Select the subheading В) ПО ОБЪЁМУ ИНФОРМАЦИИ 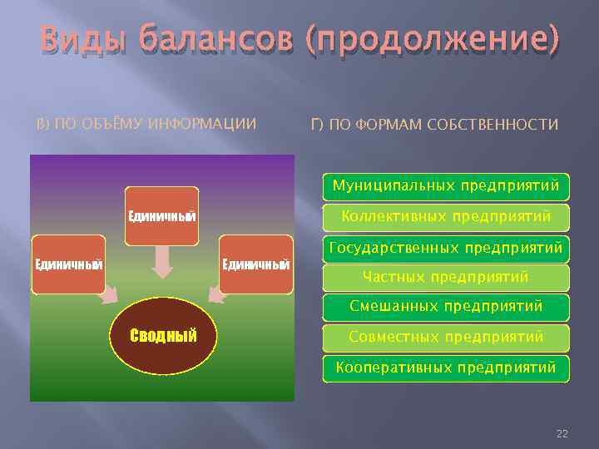coord(146,125)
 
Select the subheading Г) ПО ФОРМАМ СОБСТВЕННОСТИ coord(433,125)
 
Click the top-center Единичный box coord(161,216)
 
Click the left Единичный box coord(67,264)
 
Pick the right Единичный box coord(255,264)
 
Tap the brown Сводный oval coord(163,336)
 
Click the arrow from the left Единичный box coord(107,294)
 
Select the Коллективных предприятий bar coord(446,217)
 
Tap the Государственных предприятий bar coord(446,248)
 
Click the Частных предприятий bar coord(446,277)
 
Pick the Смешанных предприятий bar coord(446,307)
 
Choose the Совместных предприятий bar coord(446,337)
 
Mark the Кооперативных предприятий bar coord(446,367)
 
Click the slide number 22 coord(562,434)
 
